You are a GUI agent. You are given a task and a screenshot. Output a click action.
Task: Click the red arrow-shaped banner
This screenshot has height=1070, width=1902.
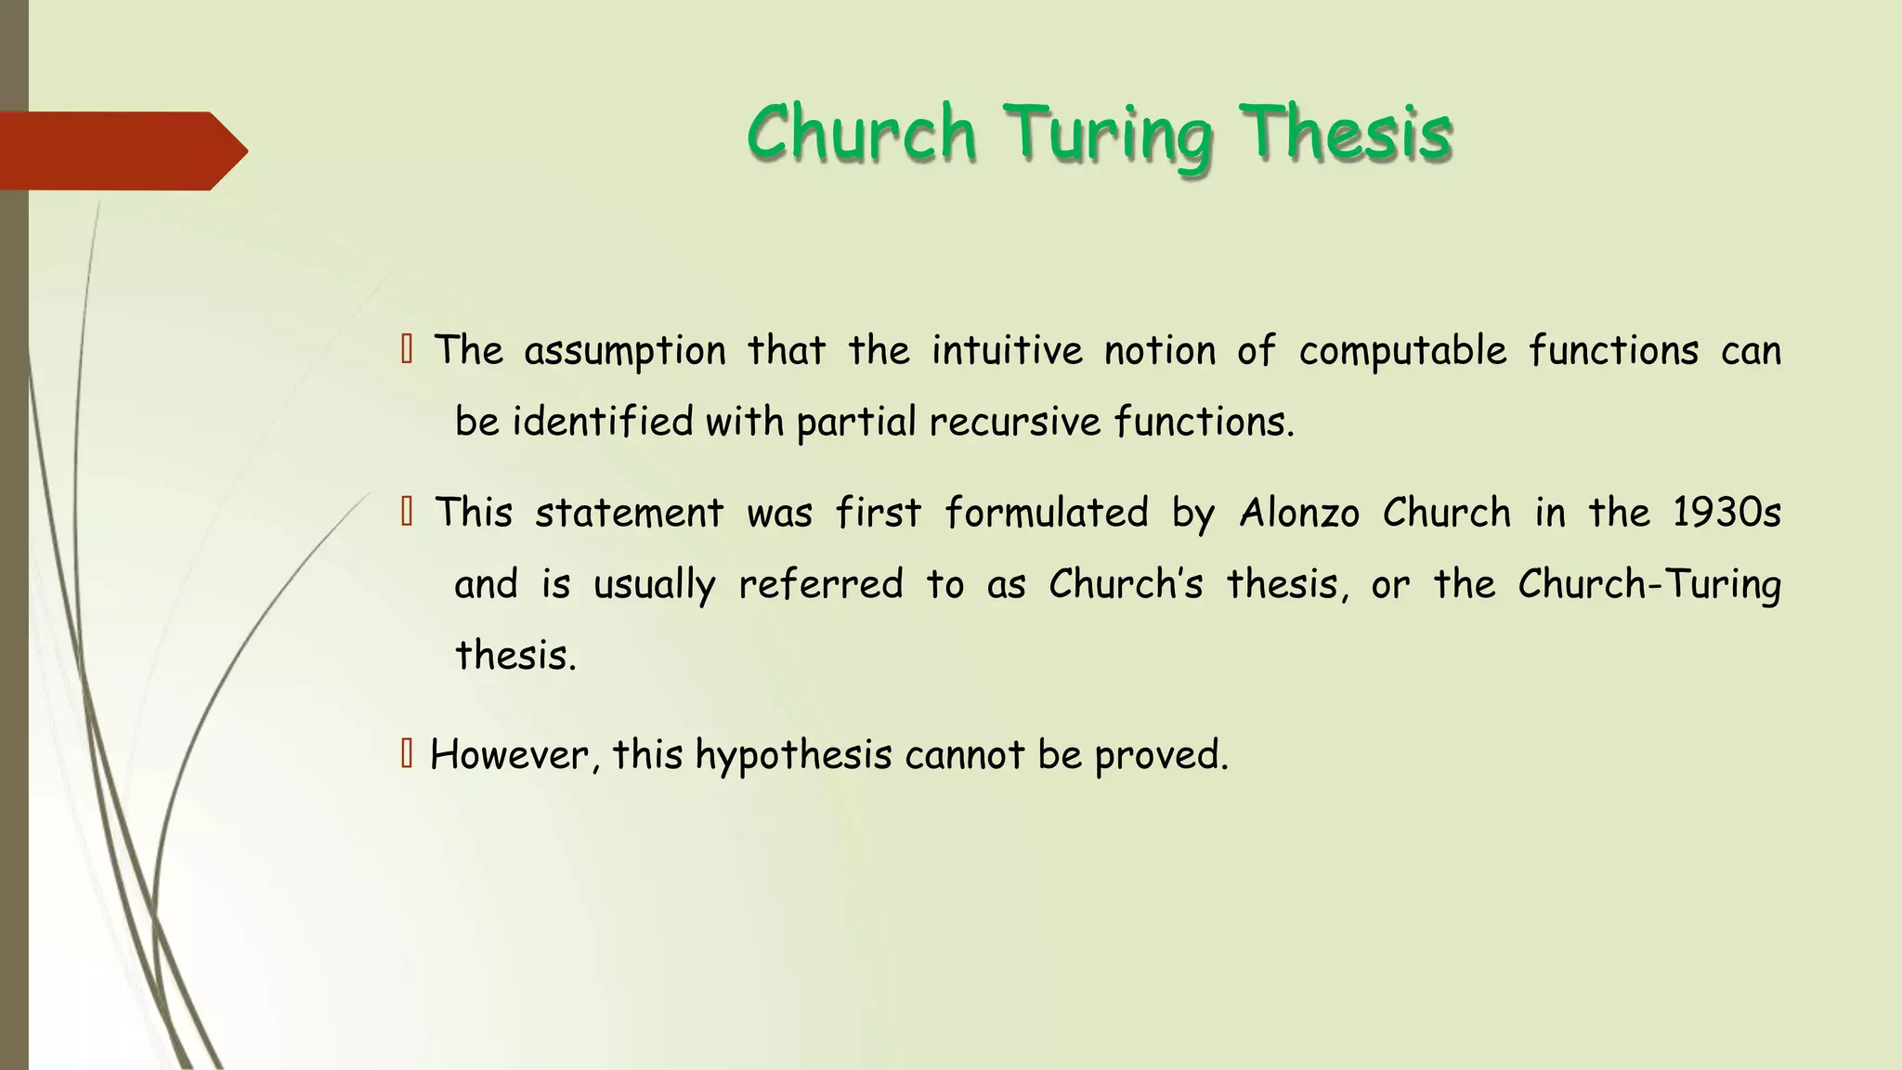pyautogui.click(x=121, y=150)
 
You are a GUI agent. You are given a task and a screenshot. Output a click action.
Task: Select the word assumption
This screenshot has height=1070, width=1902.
pyautogui.click(x=625, y=352)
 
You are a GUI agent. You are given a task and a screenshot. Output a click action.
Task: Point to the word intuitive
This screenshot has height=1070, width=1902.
pyautogui.click(x=1007, y=351)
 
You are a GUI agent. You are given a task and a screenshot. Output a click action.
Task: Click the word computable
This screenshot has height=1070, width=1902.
pyautogui.click(x=1402, y=352)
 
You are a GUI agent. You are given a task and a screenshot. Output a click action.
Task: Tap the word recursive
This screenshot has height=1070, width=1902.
pyautogui.click(x=1014, y=423)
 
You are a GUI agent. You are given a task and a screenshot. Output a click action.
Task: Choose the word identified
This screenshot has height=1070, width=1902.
pyautogui.click(x=603, y=423)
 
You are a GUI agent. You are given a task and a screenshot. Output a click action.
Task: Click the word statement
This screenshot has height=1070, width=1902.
pyautogui.click(x=629, y=513)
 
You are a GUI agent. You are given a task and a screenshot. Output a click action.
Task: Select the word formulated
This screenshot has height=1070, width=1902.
pyautogui.click(x=1047, y=513)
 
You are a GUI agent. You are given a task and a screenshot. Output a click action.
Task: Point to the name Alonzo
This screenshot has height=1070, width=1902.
pyautogui.click(x=1299, y=513)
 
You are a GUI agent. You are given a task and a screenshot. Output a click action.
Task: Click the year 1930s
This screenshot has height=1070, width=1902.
pyautogui.click(x=1726, y=513)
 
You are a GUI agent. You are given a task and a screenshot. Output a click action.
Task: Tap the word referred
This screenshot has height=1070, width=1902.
pyautogui.click(x=820, y=584)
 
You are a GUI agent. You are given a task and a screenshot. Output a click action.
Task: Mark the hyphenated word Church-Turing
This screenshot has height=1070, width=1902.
pyautogui.click(x=1649, y=584)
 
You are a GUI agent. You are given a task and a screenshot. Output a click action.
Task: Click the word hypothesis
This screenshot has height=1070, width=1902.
pyautogui.click(x=793, y=755)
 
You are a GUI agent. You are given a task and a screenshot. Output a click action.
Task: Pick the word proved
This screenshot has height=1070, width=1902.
pyautogui.click(x=1161, y=755)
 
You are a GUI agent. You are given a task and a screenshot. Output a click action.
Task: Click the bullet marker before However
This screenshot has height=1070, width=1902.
pyautogui.click(x=406, y=753)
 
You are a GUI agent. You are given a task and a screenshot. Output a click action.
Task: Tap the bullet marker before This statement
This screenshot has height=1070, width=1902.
pyautogui.click(x=406, y=511)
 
